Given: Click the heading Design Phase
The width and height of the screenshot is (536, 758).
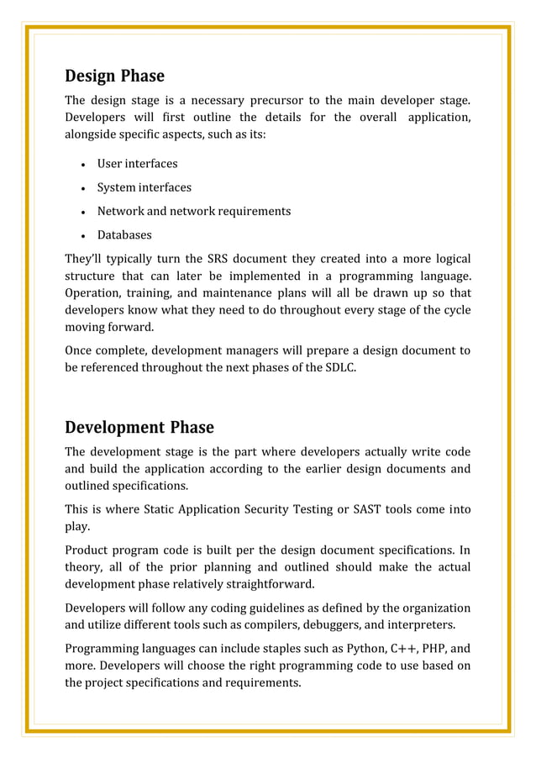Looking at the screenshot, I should (114, 76).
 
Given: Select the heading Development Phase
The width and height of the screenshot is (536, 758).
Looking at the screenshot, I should (139, 427).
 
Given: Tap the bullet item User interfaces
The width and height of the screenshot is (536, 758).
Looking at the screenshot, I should (137, 164).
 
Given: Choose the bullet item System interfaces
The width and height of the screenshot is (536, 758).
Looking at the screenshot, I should (144, 187).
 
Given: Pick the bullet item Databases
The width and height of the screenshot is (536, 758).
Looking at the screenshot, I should (124, 234).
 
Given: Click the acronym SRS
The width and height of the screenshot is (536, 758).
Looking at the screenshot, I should (222, 258).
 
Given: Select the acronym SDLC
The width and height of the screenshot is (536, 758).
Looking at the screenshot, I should (337, 367).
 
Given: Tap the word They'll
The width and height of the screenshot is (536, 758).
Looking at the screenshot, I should (86, 258).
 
